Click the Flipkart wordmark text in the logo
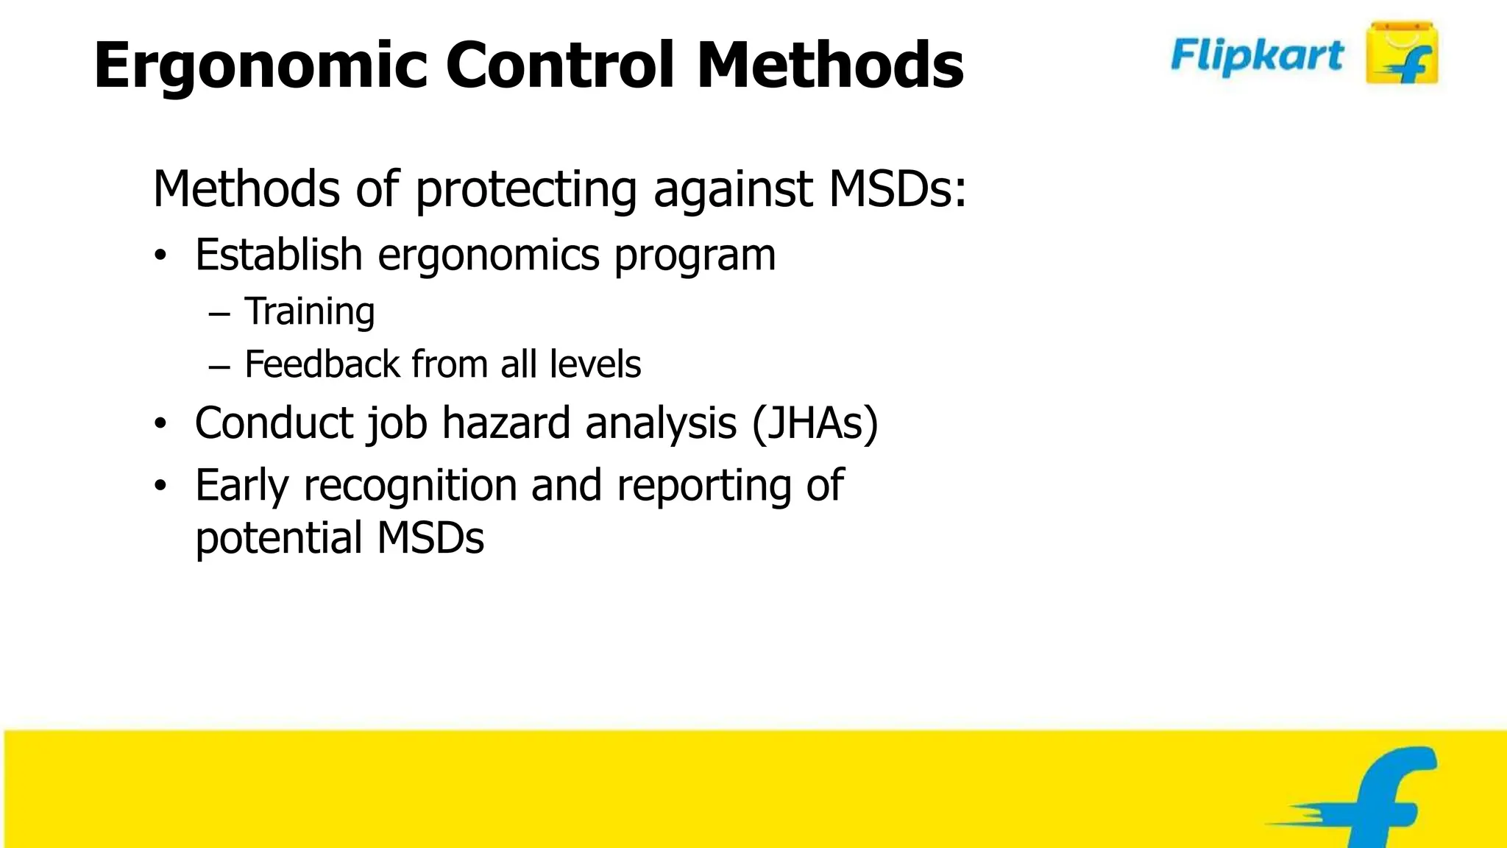point(1257,56)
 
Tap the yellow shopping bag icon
point(1401,53)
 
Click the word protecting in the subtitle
point(525,190)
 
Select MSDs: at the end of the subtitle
point(897,188)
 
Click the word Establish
point(278,255)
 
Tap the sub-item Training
point(309,312)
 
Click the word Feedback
point(322,364)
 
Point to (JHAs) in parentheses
point(815,423)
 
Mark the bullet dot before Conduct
point(161,424)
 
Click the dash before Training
point(219,314)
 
